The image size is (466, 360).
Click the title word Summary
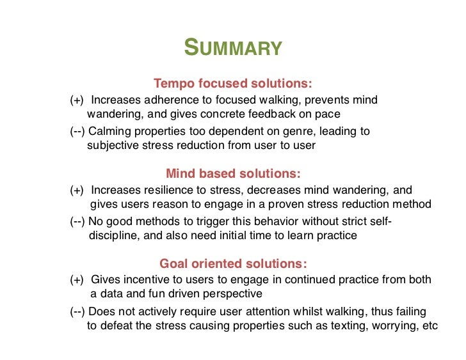232,48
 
